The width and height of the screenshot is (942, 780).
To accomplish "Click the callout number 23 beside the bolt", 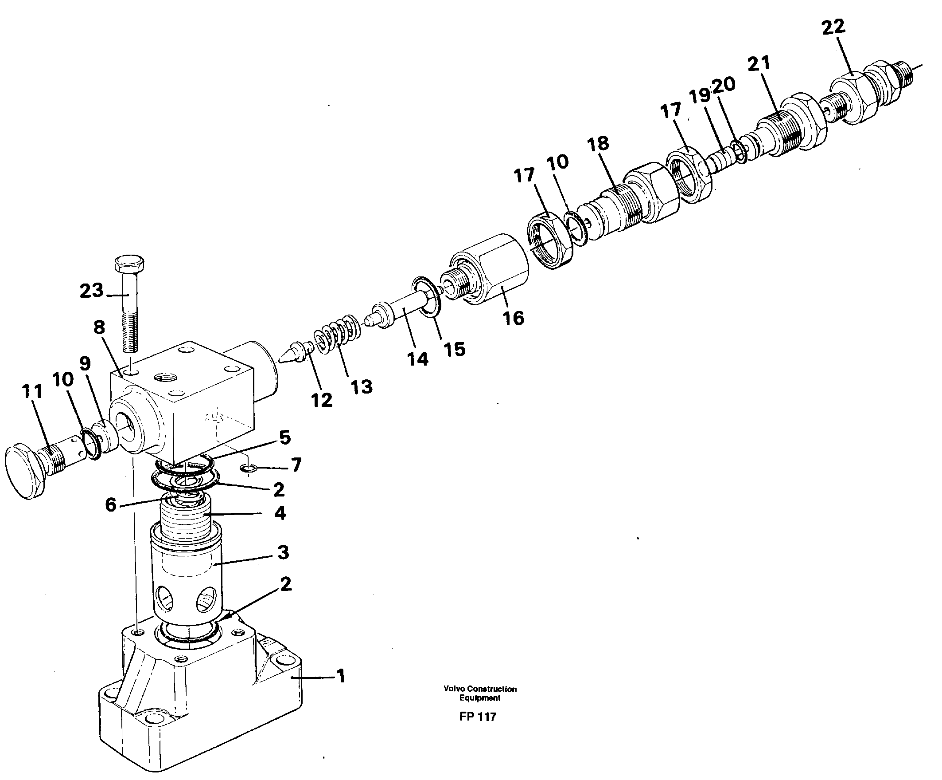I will (x=92, y=291).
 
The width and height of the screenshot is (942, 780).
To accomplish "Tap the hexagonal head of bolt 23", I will (x=130, y=264).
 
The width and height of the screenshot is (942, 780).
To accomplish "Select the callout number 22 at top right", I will (x=833, y=28).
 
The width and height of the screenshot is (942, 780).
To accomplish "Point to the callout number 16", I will (x=513, y=319).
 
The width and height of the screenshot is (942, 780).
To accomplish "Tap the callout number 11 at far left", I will (x=32, y=391).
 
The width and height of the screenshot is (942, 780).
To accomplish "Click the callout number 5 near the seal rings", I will (x=285, y=437).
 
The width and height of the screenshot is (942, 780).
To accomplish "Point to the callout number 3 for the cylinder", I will (x=283, y=552).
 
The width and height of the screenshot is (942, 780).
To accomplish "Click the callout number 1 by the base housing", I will (x=341, y=676).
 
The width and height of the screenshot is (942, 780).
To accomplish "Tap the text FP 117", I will (x=477, y=717).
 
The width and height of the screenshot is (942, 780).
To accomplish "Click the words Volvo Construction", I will (x=480, y=689).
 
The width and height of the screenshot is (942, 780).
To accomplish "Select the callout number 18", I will (x=598, y=144).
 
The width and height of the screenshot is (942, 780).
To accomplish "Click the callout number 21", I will (x=759, y=64).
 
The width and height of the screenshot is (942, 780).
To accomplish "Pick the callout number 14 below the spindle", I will (x=418, y=359).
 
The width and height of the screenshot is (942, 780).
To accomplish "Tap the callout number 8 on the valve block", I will (x=99, y=327).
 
